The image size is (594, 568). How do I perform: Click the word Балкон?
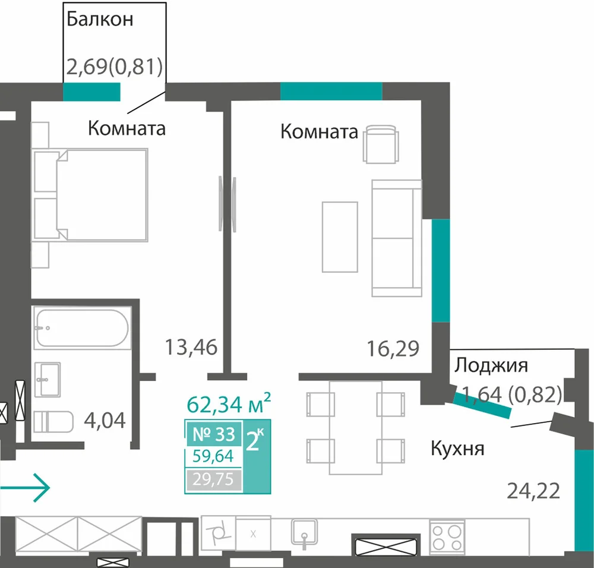pyautogui.click(x=100, y=19)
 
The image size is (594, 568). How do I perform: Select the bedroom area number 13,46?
pyautogui.click(x=191, y=347)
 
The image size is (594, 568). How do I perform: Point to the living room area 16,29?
pyautogui.click(x=393, y=349)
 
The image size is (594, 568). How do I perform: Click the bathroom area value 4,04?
pyautogui.click(x=105, y=420)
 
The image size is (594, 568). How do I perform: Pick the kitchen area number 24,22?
pyautogui.click(x=533, y=491)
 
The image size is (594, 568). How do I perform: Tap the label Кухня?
pyautogui.click(x=457, y=449)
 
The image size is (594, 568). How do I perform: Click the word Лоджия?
pyautogui.click(x=491, y=365)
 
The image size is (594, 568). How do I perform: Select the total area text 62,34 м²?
pyautogui.click(x=229, y=403)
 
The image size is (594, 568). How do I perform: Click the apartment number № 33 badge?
pyautogui.click(x=214, y=434)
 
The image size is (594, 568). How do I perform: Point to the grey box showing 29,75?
pyautogui.click(x=214, y=479)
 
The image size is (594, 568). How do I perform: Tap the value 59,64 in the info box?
pyautogui.click(x=213, y=456)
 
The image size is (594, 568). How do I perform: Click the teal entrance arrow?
pyautogui.click(x=25, y=488)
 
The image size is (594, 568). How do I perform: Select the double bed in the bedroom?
pyautogui.click(x=90, y=195)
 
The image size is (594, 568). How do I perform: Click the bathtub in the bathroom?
pyautogui.click(x=82, y=328)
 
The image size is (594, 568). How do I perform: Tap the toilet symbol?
pyautogui.click(x=53, y=422)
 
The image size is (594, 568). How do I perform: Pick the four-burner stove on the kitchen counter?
pyautogui.click(x=447, y=537)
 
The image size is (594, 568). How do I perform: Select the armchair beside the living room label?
pyautogui.click(x=381, y=144)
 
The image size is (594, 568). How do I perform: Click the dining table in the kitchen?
pyautogui.click(x=355, y=428)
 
